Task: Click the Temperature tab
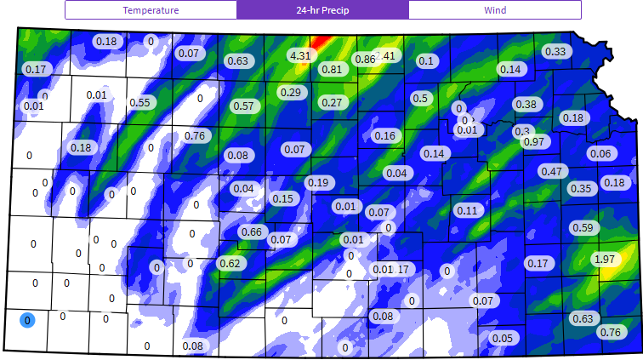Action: click(x=151, y=10)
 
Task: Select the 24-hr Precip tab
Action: click(x=322, y=10)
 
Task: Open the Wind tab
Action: click(x=494, y=10)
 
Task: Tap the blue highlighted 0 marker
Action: click(x=27, y=320)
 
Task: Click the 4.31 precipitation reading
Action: click(x=299, y=55)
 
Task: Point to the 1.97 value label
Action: click(x=604, y=259)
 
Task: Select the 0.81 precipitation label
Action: click(x=333, y=69)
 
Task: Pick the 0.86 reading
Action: click(x=365, y=59)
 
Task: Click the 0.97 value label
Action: click(x=534, y=141)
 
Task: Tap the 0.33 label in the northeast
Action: click(x=555, y=51)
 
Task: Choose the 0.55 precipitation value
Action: click(x=139, y=102)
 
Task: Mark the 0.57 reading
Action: click(x=243, y=106)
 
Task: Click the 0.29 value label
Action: click(x=291, y=92)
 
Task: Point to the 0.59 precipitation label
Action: click(x=582, y=227)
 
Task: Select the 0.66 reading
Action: click(x=251, y=232)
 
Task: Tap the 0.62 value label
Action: click(x=230, y=263)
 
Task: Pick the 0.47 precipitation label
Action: click(x=551, y=171)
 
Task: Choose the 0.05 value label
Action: click(x=503, y=338)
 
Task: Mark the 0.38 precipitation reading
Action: click(x=526, y=104)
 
